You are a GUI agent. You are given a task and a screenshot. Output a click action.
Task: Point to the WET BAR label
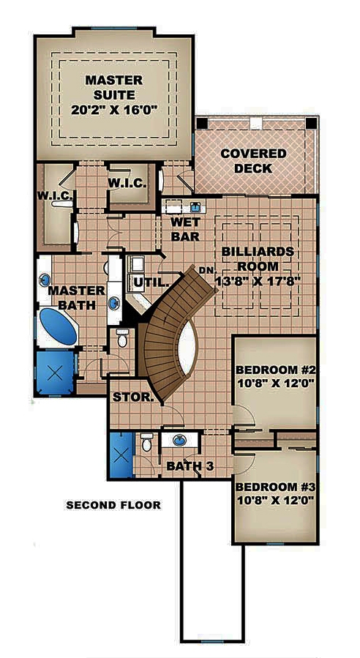pyautogui.click(x=185, y=229)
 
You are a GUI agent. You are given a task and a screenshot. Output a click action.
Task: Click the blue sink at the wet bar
pyautogui.click(x=195, y=206)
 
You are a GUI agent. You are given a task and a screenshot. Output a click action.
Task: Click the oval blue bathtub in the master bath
pyautogui.click(x=58, y=326)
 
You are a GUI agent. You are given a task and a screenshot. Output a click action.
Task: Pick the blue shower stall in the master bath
pyautogui.click(x=55, y=371)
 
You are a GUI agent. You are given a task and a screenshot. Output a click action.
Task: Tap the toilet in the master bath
pyautogui.click(x=122, y=340)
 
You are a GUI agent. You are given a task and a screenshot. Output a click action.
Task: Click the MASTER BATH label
pyautogui.click(x=73, y=298)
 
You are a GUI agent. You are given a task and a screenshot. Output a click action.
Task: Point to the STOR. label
pyautogui.click(x=132, y=398)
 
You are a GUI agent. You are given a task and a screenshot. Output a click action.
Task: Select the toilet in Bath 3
pyautogui.click(x=147, y=444)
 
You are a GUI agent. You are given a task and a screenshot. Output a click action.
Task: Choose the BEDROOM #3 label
pyautogui.click(x=274, y=494)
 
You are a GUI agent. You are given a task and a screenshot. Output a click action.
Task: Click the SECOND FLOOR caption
pyautogui.click(x=113, y=505)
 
